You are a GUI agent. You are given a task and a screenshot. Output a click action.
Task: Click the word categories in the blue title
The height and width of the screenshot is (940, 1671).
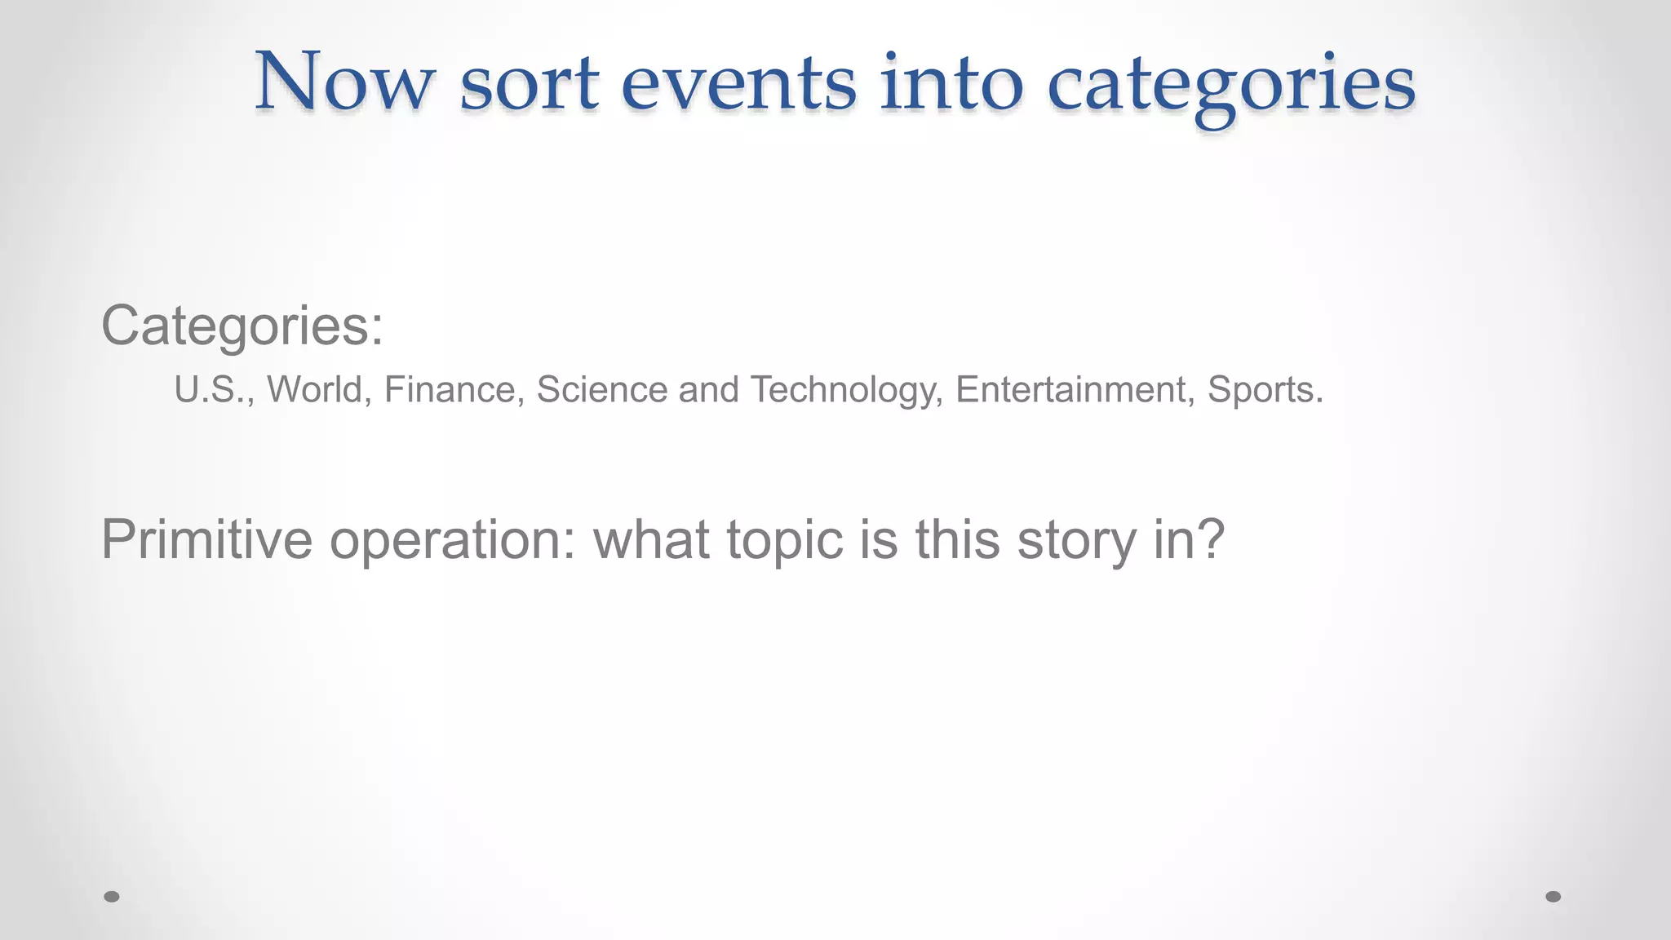[x=1231, y=85]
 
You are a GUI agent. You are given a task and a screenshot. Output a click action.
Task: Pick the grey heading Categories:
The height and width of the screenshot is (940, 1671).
[x=242, y=326]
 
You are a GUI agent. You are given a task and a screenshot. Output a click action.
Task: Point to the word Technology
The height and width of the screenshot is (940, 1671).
[x=845, y=390]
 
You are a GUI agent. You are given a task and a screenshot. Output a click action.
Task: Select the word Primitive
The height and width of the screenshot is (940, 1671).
[x=206, y=539]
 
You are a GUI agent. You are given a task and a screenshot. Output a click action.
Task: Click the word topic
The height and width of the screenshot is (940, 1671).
[x=784, y=541]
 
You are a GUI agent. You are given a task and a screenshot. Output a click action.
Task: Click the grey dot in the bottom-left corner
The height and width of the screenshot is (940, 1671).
[x=112, y=897]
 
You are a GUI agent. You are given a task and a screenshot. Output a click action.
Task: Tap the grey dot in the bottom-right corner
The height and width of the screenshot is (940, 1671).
[x=1554, y=897]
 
